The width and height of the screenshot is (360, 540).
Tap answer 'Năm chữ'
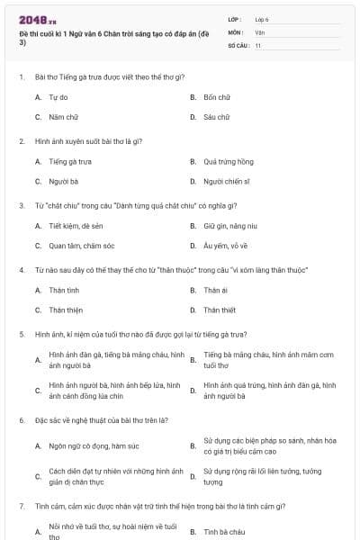coord(60,117)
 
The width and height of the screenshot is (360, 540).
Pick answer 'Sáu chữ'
coord(216,117)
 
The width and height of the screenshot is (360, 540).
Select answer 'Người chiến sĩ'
coord(226,181)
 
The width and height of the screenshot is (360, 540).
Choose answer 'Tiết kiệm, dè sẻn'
coord(76,226)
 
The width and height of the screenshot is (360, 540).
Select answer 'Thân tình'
coord(64,291)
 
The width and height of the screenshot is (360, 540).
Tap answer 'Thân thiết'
coord(220,310)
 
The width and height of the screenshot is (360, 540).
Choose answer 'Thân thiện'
coord(65,310)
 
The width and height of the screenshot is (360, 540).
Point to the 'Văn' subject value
coord(260,31)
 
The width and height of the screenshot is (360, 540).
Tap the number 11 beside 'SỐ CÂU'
coord(258,44)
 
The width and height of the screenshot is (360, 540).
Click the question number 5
coord(21,334)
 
